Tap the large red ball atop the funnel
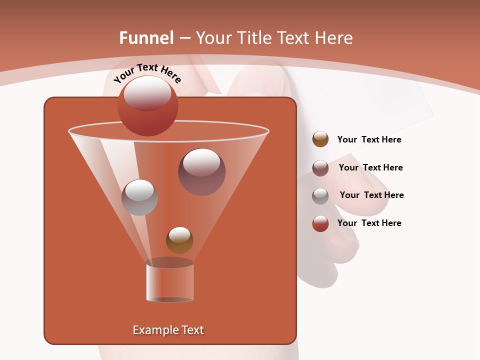(x=147, y=105)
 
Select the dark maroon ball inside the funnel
(x=201, y=171)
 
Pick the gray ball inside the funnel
(x=139, y=197)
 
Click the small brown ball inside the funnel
(x=179, y=240)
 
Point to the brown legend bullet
(x=320, y=139)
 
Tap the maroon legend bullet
(x=320, y=167)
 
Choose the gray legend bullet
(x=320, y=195)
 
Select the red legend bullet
(x=320, y=223)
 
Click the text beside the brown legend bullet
(x=369, y=139)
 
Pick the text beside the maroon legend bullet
(x=370, y=167)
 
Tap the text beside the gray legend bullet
(x=371, y=195)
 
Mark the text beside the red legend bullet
(x=369, y=223)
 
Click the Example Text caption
(x=168, y=330)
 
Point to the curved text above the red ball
(x=147, y=73)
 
